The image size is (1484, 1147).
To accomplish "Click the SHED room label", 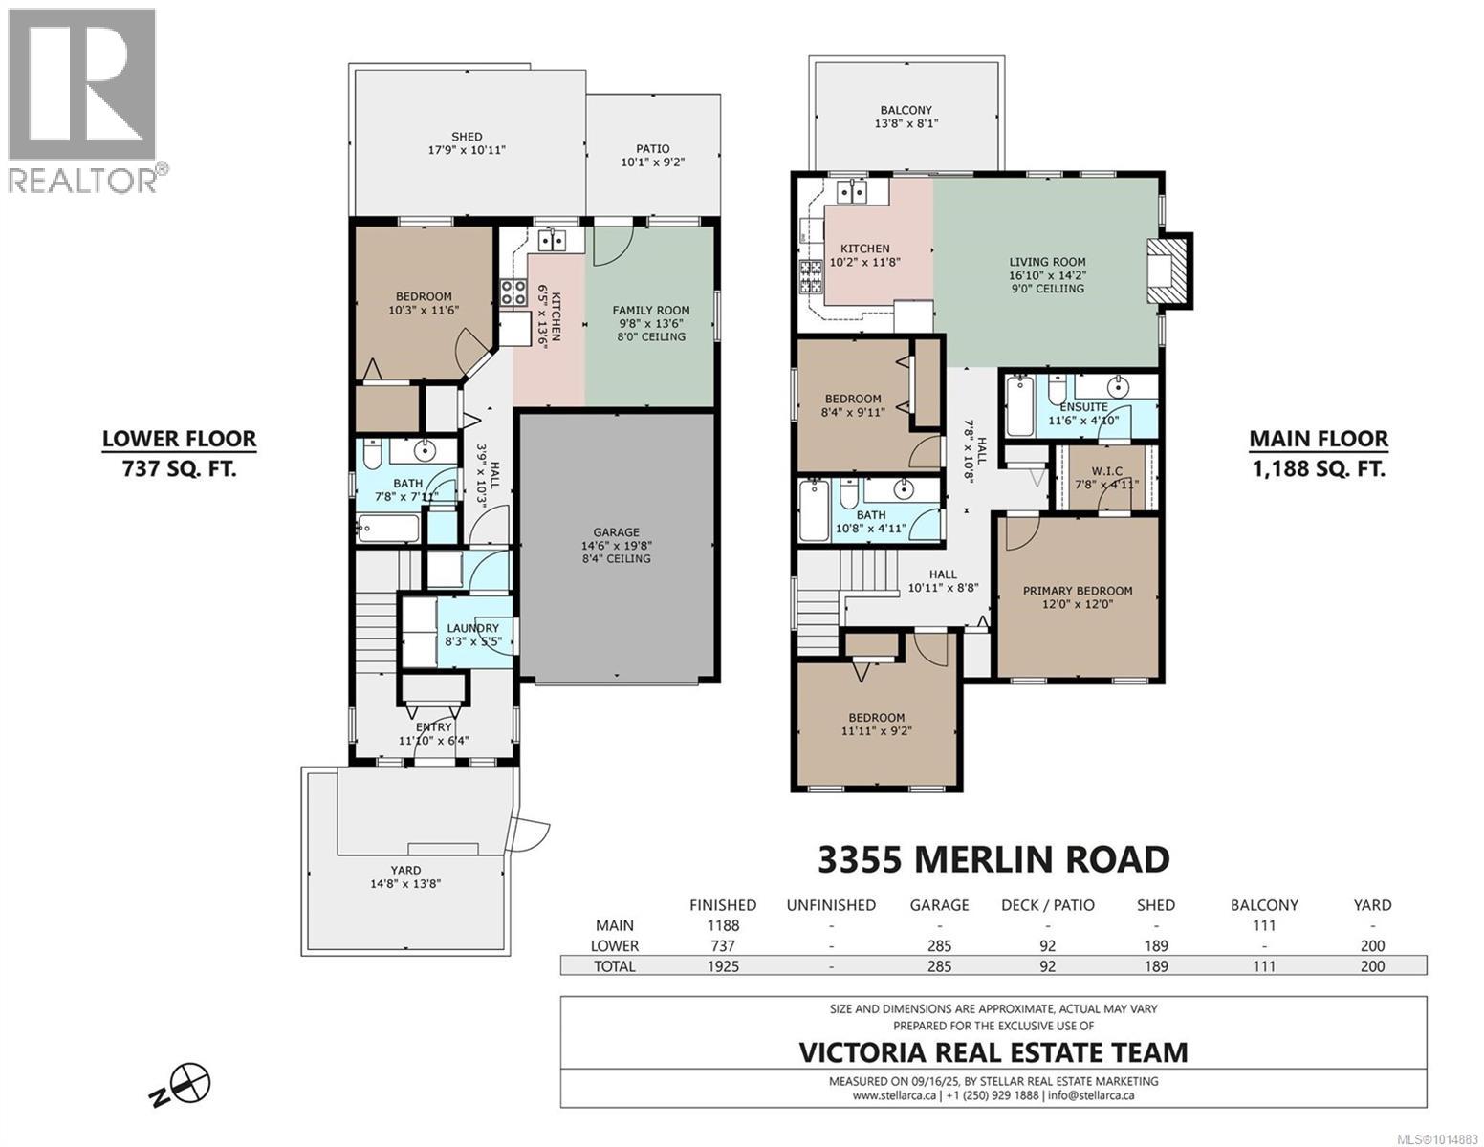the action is tap(467, 137).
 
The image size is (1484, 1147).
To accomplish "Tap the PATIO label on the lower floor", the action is tap(652, 149).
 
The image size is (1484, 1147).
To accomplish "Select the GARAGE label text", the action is tap(616, 531).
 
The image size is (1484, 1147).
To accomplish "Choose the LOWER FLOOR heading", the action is tap(180, 438).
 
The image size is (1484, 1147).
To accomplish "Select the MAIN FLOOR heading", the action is tap(1319, 439).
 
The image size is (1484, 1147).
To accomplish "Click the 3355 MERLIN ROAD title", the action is tap(993, 859).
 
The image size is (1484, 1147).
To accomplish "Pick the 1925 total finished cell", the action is tap(723, 966).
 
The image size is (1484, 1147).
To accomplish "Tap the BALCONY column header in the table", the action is tap(1264, 905).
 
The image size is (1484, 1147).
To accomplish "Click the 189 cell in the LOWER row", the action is tap(1156, 945).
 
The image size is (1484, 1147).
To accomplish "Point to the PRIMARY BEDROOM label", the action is tap(1078, 591).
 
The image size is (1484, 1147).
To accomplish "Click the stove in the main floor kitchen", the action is tap(811, 277).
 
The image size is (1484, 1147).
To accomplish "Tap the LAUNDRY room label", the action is tap(472, 628).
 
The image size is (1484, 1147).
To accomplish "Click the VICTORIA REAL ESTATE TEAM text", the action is tap(993, 1052).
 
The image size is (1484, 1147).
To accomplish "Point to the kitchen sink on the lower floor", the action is tap(553, 240).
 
